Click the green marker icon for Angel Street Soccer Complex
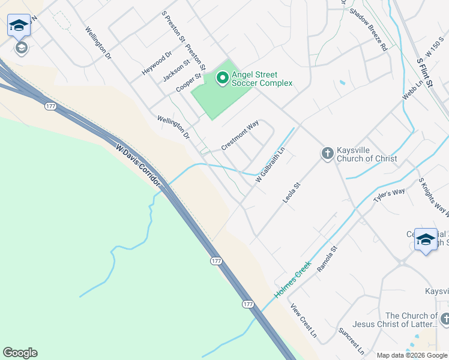click(x=222, y=77)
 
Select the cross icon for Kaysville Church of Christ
click(x=327, y=154)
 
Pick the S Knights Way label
click(x=433, y=196)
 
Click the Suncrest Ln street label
click(x=352, y=340)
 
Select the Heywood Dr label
click(x=157, y=62)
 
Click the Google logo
click(x=20, y=353)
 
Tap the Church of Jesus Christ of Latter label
click(x=412, y=320)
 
